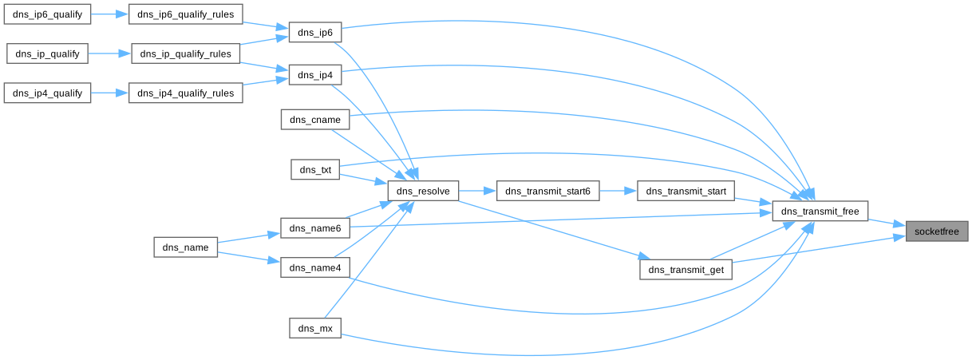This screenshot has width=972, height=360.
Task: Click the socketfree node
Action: click(x=936, y=231)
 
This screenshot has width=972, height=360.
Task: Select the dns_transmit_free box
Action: click(x=820, y=212)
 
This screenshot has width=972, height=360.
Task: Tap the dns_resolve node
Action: click(x=423, y=192)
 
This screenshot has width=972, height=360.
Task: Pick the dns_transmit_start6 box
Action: click(x=547, y=192)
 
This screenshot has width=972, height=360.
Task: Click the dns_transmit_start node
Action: click(x=686, y=192)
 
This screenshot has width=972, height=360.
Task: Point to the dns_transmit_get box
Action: click(x=686, y=270)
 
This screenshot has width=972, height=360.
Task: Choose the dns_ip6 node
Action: click(x=314, y=33)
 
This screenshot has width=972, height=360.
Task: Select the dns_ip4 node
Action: click(x=314, y=75)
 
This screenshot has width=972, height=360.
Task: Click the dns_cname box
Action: click(x=314, y=120)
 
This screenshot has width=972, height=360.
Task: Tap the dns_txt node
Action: click(x=314, y=169)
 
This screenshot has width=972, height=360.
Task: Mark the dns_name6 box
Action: click(x=314, y=228)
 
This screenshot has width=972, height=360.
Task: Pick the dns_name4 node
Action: click(x=314, y=268)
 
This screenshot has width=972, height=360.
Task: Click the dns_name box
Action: click(x=185, y=247)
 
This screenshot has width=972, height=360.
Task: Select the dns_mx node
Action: click(x=314, y=328)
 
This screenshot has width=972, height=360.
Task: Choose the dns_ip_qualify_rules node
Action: click(x=185, y=54)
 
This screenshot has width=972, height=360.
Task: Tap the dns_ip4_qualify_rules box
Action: click(x=185, y=93)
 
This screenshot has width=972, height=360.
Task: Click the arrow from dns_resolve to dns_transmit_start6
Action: click(x=477, y=192)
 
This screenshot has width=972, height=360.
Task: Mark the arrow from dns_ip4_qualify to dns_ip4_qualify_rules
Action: click(x=109, y=93)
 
